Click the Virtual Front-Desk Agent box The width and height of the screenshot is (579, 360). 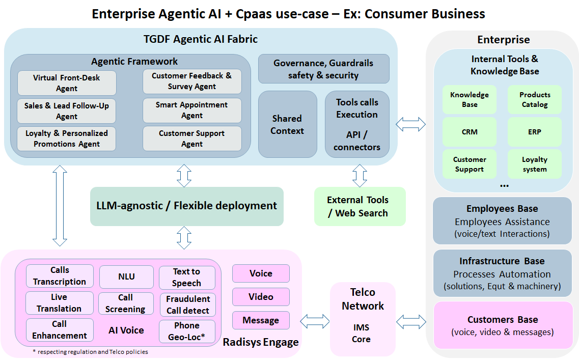[67, 83]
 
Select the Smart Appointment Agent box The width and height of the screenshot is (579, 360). [192, 110]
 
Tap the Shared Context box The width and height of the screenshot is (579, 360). [287, 124]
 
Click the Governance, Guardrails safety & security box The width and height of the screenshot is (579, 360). [323, 69]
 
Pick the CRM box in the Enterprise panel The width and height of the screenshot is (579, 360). [470, 132]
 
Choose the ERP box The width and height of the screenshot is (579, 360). [534, 132]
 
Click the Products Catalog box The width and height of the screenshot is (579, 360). [534, 99]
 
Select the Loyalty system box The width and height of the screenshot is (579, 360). [534, 164]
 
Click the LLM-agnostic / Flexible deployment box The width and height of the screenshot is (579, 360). [186, 206]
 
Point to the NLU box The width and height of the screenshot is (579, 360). [126, 276]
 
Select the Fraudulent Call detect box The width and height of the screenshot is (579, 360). [187, 304]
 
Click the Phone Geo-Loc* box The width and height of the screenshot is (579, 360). [187, 331]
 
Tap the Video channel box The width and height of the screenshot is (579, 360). [261, 297]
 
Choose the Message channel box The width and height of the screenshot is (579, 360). [261, 320]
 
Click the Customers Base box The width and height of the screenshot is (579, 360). [503, 325]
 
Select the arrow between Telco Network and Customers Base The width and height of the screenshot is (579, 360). [411, 321]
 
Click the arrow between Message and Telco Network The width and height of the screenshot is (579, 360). [315, 321]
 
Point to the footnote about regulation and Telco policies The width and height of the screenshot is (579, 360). [90, 352]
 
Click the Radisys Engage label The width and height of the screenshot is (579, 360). [261, 342]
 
